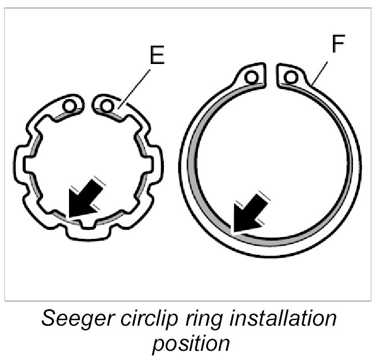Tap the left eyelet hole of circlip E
70,106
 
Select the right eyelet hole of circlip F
291,75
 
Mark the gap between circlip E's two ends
88,105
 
